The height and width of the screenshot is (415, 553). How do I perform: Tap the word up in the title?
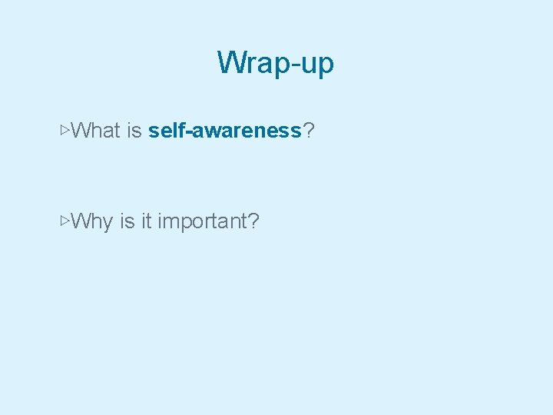[316, 65]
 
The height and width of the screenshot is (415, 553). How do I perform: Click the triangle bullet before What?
[65, 130]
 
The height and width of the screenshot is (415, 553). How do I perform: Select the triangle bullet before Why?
[65, 221]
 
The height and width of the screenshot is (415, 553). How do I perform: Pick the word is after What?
[134, 131]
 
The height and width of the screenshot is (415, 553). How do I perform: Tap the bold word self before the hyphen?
[165, 131]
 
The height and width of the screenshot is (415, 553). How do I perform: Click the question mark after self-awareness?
[308, 131]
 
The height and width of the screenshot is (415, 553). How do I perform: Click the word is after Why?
[127, 221]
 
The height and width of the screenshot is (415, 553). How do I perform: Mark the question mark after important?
[253, 221]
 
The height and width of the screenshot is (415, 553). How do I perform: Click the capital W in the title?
[230, 62]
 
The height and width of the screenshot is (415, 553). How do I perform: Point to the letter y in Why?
[107, 224]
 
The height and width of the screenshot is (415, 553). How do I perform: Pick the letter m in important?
[171, 224]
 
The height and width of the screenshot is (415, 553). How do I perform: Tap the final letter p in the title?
[326, 66]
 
